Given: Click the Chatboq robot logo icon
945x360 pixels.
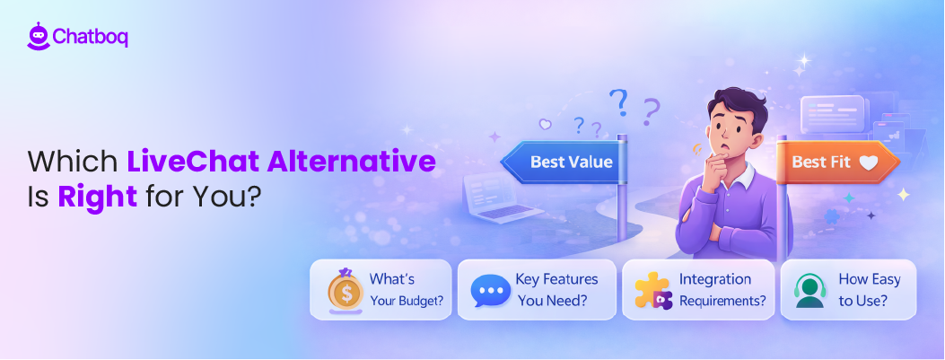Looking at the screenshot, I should click(x=38, y=36).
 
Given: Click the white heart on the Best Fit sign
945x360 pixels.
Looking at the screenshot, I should click(x=867, y=163).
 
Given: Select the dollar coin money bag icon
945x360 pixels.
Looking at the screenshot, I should click(x=345, y=289).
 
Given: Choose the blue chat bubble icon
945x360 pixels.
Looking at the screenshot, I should click(x=490, y=290).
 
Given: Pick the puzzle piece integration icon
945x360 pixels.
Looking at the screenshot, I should click(x=653, y=290).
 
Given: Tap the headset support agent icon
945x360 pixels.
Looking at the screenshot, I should click(x=809, y=290).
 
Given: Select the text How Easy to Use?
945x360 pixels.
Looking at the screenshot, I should click(x=869, y=290).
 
